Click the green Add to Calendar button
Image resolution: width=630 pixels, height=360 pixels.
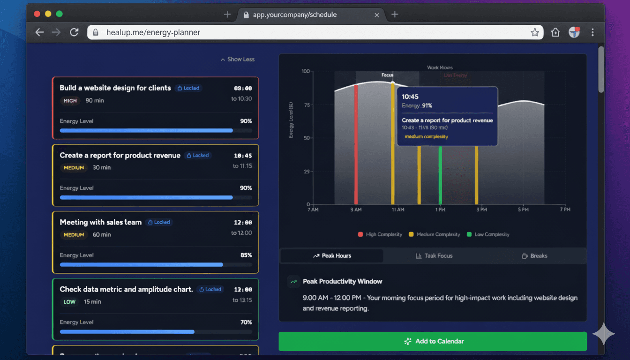pos(432,341)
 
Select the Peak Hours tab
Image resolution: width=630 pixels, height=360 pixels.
pos(332,256)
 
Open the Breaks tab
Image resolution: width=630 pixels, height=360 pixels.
pos(534,256)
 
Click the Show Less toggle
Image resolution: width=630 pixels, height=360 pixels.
pos(238,60)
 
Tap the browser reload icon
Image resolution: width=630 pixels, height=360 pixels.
pos(74,32)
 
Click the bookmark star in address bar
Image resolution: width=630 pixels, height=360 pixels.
pos(534,32)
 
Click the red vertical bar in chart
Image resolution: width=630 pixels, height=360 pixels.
pos(356,145)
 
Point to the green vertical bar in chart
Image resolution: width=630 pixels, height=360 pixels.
pos(440,176)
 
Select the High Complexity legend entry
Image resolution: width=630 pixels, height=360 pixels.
pos(380,234)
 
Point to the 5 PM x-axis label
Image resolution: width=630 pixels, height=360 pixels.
pos(523,210)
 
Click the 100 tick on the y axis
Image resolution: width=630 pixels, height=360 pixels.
pos(306,71)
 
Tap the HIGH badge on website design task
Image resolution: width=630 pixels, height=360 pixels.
pos(70,101)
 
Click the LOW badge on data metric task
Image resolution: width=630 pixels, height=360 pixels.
pos(69,302)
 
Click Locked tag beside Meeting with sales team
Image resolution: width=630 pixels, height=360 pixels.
pos(159,222)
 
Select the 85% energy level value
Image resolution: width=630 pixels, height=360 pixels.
pos(246,255)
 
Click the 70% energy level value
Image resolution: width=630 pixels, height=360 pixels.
pos(246,322)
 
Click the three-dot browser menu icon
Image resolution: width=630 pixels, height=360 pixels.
pos(592,32)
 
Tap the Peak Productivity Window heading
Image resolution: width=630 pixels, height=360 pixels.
pos(342,282)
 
